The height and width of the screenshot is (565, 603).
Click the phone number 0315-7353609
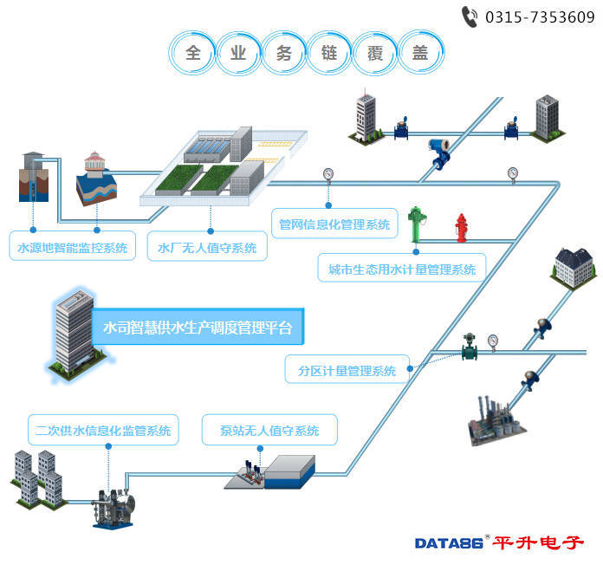tap(539, 16)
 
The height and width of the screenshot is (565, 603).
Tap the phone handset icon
tap(470, 16)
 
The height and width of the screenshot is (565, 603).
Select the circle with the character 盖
tap(420, 52)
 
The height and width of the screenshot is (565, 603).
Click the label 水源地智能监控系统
tap(73, 248)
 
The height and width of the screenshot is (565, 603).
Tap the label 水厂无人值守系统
tap(207, 248)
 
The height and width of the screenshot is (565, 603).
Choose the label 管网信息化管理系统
tap(334, 224)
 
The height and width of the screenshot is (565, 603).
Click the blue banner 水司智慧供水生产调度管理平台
tap(198, 328)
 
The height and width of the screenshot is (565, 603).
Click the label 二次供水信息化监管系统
tap(103, 430)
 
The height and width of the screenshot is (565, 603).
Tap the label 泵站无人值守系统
tap(269, 430)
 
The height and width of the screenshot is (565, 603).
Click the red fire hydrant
tap(462, 228)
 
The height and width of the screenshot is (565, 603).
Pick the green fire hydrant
tap(415, 224)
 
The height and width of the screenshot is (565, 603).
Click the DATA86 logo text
tap(449, 543)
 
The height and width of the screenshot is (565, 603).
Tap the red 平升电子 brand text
tap(539, 542)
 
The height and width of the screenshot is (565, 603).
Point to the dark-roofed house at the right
tap(573, 261)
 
